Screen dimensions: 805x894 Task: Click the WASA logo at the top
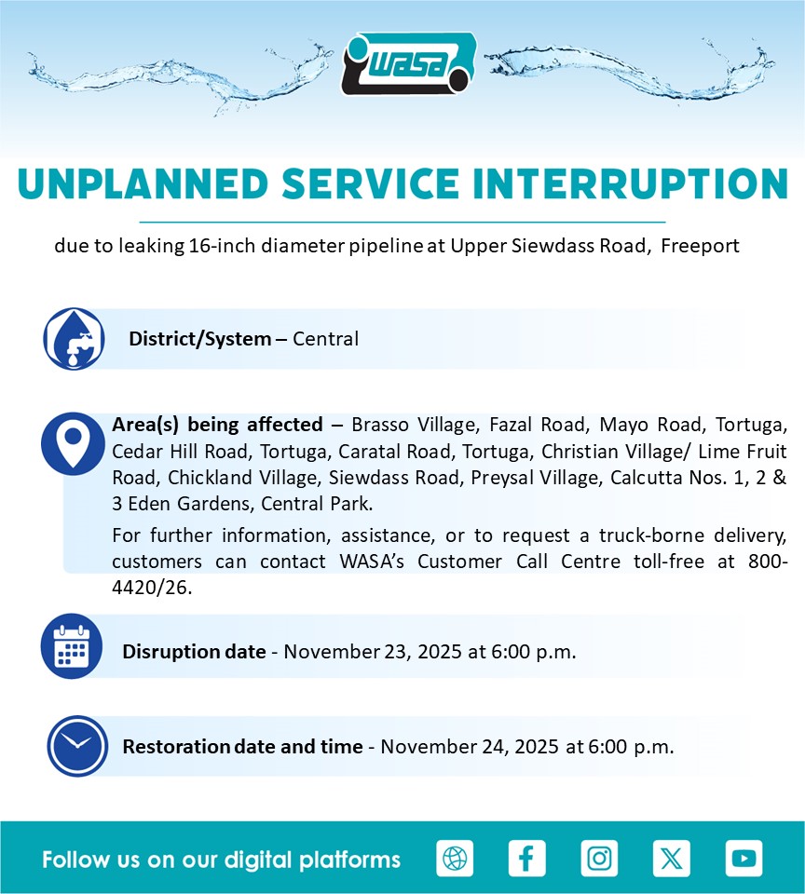(x=409, y=63)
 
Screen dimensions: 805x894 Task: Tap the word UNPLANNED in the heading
(x=143, y=183)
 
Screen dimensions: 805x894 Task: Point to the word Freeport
(x=700, y=246)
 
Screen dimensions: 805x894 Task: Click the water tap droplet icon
(x=75, y=339)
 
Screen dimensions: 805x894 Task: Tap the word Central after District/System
(x=326, y=339)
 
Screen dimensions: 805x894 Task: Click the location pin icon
(x=73, y=443)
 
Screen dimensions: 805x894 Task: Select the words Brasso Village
(x=414, y=425)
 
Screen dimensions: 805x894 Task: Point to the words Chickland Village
(x=242, y=477)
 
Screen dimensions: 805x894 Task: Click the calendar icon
(x=72, y=646)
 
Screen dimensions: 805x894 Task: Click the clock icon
(x=77, y=746)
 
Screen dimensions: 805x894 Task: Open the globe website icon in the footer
(x=455, y=858)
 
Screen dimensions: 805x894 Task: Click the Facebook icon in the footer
(x=526, y=858)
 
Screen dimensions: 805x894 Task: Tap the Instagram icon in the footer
(x=599, y=858)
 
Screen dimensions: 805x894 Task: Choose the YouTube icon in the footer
(x=744, y=858)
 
